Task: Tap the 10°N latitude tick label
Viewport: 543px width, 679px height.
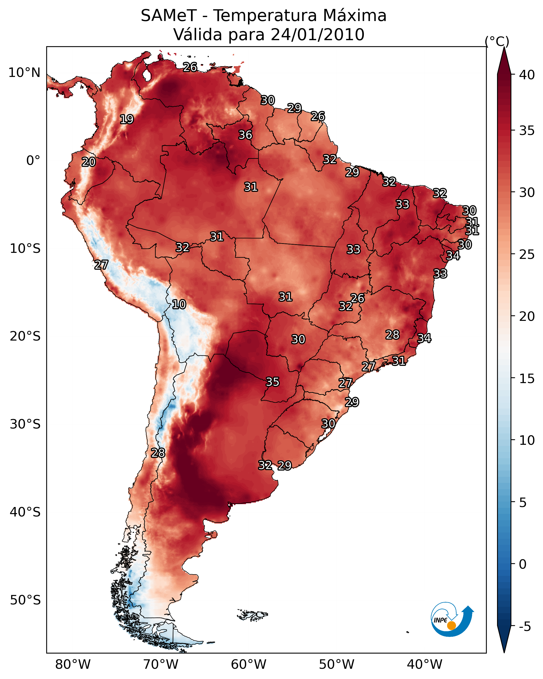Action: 24,73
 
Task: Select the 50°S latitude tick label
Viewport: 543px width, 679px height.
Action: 25,600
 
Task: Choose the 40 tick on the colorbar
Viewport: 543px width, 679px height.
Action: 527,75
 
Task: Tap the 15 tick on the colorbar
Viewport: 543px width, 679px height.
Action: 527,379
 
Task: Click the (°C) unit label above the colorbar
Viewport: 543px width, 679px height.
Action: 497,41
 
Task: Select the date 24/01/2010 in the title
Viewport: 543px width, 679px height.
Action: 317,34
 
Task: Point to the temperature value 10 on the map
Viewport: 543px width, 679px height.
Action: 179,304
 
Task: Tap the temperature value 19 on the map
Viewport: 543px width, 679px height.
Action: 127,119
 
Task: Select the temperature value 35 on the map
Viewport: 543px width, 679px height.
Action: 273,382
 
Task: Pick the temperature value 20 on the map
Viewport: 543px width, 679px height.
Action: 89,162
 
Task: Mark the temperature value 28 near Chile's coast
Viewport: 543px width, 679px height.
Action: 158,453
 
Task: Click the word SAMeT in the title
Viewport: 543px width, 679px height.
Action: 169,15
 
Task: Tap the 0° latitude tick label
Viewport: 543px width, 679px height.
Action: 33,161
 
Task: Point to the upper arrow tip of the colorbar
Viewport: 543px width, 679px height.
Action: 504,47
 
